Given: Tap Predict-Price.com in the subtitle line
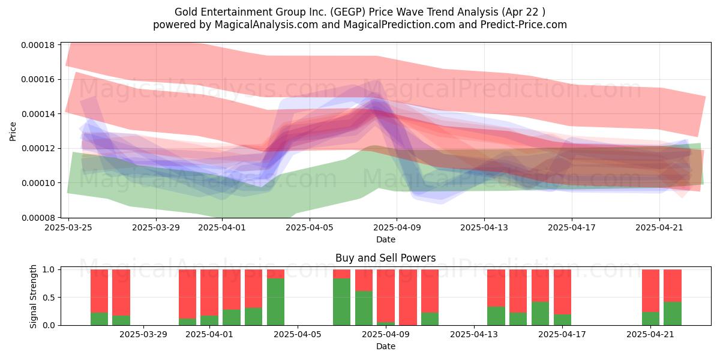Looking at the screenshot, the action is (524, 25).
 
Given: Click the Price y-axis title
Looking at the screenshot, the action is (13, 131).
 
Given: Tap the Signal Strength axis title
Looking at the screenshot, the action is (33, 296).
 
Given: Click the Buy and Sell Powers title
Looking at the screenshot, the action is (385, 258).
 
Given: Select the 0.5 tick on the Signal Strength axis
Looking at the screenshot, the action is (49, 298).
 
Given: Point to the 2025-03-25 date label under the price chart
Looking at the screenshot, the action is (68, 227).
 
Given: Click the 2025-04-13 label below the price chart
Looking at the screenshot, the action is (484, 227).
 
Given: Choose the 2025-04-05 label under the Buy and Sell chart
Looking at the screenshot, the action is (298, 335).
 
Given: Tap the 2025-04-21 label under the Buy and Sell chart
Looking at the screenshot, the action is (650, 335).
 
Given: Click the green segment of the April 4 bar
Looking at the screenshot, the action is (275, 302).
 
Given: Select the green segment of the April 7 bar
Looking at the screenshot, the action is (341, 302).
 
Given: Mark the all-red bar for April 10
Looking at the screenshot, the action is (408, 298).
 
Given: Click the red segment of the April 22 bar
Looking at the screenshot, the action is (673, 286).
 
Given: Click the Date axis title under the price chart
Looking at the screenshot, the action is (386, 239).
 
